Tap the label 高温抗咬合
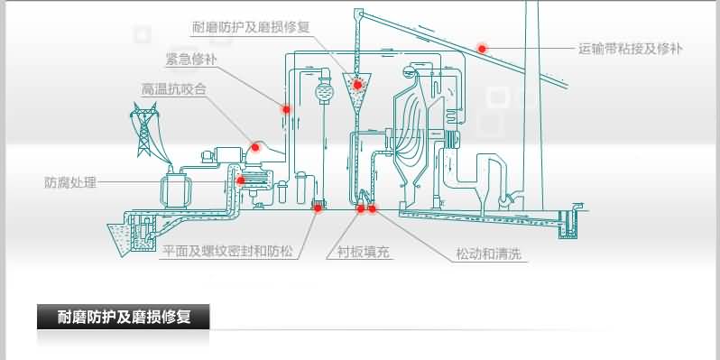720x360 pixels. point(174,89)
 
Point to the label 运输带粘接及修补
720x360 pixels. point(632,48)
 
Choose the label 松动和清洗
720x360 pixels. point(488,254)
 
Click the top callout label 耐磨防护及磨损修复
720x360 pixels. point(252,26)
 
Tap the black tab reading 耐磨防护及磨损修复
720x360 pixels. point(123,317)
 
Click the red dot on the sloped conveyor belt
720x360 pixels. point(483,48)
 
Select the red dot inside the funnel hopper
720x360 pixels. point(357,86)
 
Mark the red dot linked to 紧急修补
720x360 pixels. point(287,109)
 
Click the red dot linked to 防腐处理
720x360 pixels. point(241,180)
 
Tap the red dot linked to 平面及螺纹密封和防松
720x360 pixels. point(318,209)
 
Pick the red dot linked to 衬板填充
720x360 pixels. point(361,209)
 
